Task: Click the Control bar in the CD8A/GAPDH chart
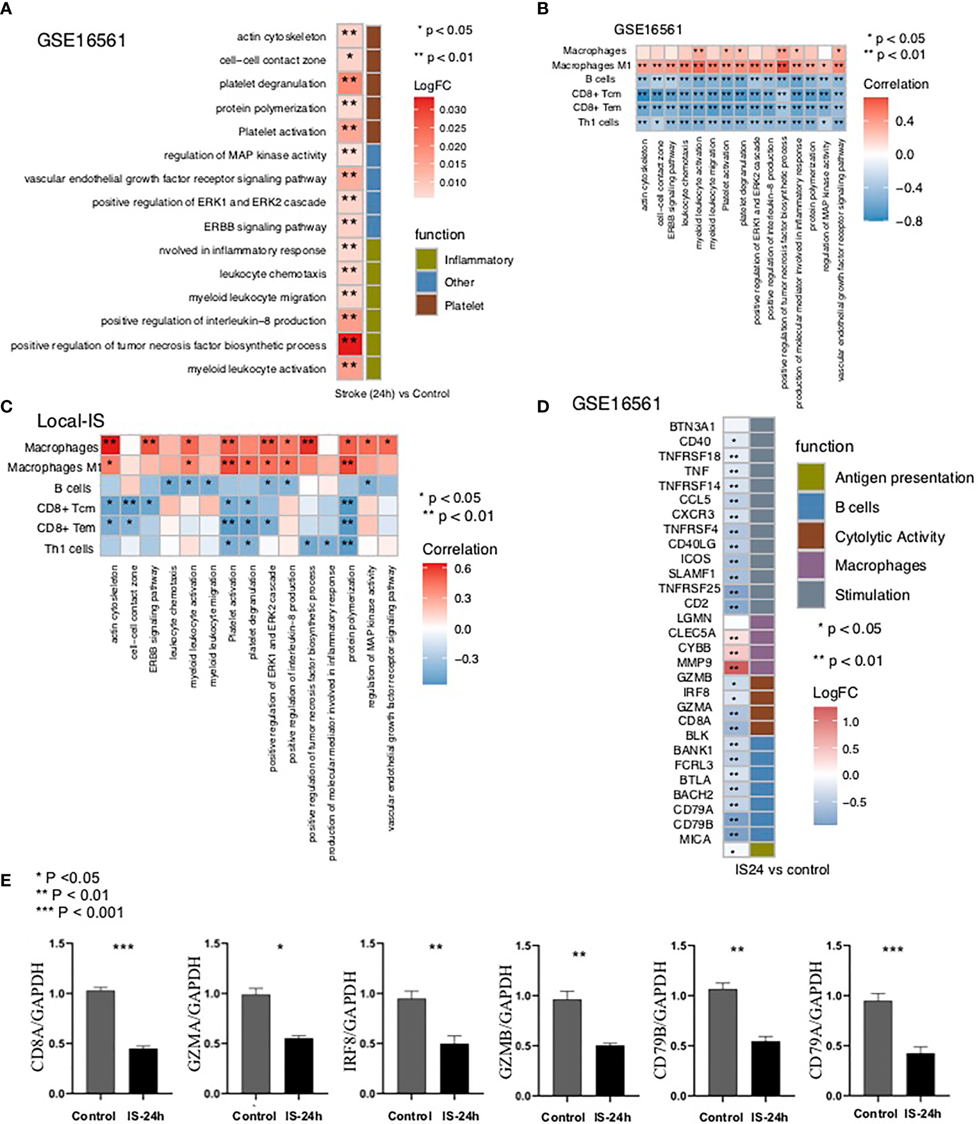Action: (101, 1041)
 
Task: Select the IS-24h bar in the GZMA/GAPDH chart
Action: (299, 1065)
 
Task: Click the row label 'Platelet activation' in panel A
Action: (282, 131)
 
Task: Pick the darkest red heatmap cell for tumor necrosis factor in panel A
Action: (350, 344)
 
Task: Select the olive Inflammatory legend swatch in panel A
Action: (426, 259)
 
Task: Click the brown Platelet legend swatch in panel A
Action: (426, 305)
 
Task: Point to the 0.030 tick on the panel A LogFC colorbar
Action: (453, 110)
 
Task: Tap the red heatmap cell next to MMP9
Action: (735, 667)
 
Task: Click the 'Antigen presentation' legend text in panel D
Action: (903, 477)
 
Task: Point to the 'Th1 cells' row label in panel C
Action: (69, 549)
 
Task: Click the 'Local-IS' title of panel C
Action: (70, 421)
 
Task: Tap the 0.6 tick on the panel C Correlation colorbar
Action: (463, 569)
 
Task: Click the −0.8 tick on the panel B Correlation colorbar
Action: (908, 222)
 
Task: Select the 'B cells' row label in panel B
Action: (600, 79)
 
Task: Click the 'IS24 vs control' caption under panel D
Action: (782, 869)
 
